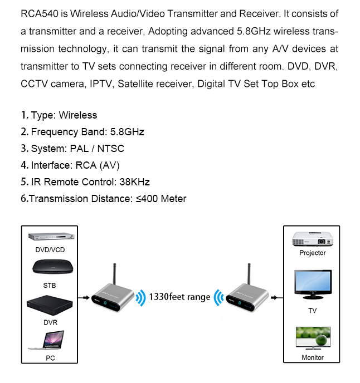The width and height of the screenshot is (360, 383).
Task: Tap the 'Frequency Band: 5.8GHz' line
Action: [82, 132]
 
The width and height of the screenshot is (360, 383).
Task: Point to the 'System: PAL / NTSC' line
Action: [72, 149]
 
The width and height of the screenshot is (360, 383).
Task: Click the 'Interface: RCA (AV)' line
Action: [70, 165]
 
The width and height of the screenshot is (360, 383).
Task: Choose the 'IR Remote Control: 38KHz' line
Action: [85, 182]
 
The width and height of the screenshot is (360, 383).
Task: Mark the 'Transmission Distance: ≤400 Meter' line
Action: [104, 199]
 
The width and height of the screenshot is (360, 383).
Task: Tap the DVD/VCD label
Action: [50, 250]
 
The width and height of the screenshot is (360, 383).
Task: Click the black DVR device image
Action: [50, 306]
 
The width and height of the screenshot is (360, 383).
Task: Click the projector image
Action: [312, 238]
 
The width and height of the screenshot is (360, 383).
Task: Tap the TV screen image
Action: [312, 286]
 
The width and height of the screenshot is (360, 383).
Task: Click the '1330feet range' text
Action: [179, 297]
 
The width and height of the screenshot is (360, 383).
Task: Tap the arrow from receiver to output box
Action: [276, 297]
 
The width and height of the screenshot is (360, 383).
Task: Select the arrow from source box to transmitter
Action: [83, 297]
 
